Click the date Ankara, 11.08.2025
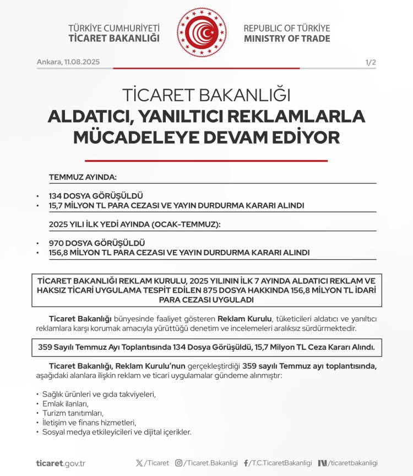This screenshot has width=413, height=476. (x=68, y=62)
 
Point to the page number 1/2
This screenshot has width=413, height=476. (x=371, y=62)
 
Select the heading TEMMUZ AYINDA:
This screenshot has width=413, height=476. (x=83, y=177)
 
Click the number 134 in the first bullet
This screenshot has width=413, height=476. (x=56, y=196)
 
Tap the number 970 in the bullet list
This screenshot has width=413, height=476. (x=56, y=243)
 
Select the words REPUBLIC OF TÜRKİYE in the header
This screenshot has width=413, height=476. (x=286, y=28)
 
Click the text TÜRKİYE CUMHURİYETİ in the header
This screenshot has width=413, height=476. (x=114, y=28)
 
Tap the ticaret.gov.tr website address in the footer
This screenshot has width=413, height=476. (x=61, y=463)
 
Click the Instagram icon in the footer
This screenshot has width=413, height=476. (x=178, y=463)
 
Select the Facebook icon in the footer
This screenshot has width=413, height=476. (x=246, y=463)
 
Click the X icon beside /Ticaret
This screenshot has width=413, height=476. (x=139, y=463)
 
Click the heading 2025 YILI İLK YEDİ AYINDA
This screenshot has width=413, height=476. (x=134, y=225)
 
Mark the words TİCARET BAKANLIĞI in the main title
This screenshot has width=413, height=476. (x=206, y=95)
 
